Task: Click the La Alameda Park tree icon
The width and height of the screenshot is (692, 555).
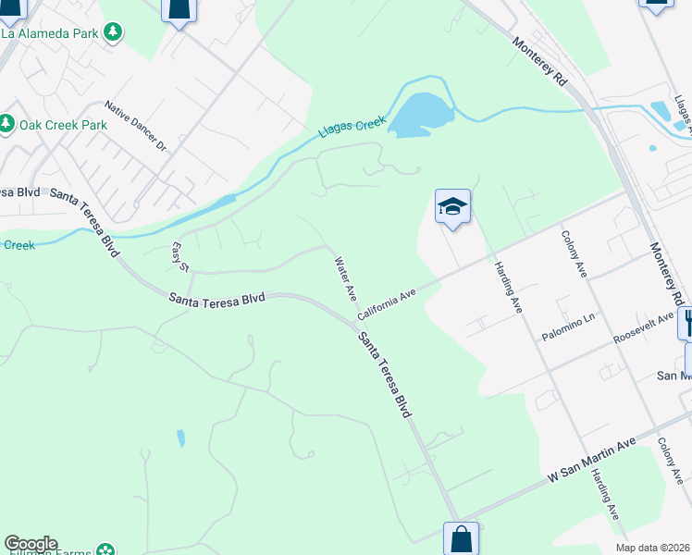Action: (113, 33)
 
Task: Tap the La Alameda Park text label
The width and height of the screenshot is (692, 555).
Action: (50, 33)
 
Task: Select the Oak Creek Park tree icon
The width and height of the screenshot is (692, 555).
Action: (6, 123)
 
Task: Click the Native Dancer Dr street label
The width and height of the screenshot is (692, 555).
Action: (134, 127)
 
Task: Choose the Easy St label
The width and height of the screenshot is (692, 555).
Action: (180, 257)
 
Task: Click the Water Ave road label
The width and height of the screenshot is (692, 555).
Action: (345, 278)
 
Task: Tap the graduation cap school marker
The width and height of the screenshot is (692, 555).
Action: (452, 207)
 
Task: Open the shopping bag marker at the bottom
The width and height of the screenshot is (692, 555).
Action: (461, 539)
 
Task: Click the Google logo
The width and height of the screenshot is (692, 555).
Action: (31, 544)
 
